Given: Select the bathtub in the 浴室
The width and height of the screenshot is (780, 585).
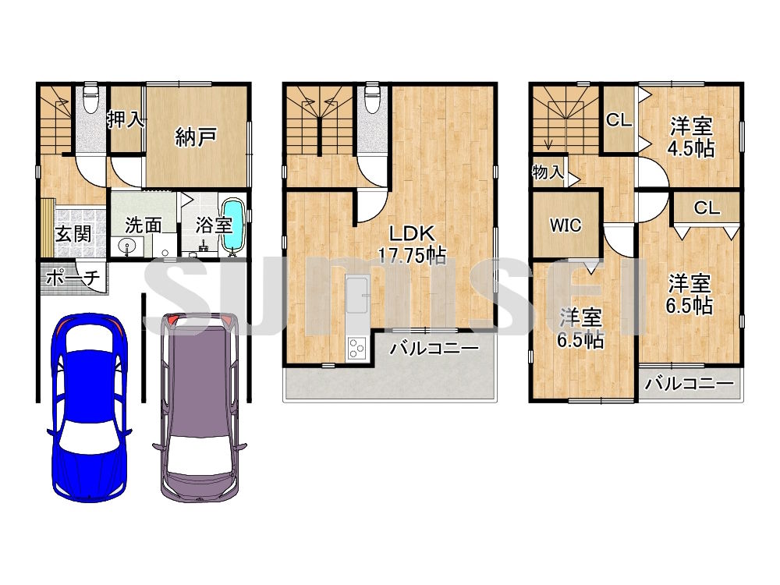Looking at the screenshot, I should point(233,225).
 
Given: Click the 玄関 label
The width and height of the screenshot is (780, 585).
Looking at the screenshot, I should point(74,232).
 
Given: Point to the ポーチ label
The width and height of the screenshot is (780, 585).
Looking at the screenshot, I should point(73,277).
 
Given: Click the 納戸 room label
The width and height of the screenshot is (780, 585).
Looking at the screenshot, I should point(195,138).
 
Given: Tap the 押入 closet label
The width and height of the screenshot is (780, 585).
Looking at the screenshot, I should point(126,119).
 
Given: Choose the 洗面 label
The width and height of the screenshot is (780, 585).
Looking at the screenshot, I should point(144,225).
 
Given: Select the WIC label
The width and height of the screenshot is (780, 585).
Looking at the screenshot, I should point(565,225).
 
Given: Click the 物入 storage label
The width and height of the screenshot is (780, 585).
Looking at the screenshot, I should point(548,172).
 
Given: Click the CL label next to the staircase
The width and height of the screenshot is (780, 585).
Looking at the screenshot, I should point(619,120).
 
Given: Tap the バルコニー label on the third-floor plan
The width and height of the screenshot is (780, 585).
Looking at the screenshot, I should point(690,384).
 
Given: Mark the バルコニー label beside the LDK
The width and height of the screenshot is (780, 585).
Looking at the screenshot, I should point(434,348).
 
